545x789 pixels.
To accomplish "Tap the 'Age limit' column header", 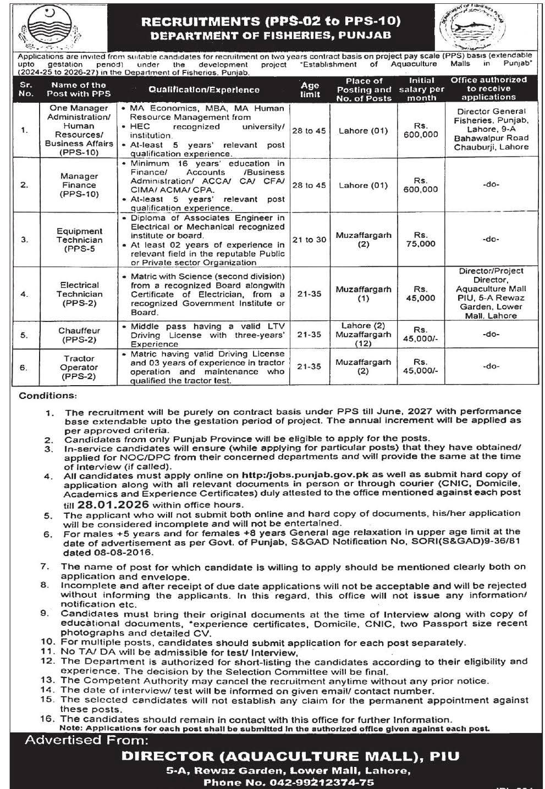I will pos(310,89).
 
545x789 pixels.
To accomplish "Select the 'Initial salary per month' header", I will pos(421,89).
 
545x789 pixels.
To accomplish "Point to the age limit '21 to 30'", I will pos(310,240).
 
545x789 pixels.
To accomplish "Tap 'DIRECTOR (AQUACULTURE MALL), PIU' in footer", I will pos(290,756).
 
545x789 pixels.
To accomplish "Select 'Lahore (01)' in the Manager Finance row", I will pos(363,185).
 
